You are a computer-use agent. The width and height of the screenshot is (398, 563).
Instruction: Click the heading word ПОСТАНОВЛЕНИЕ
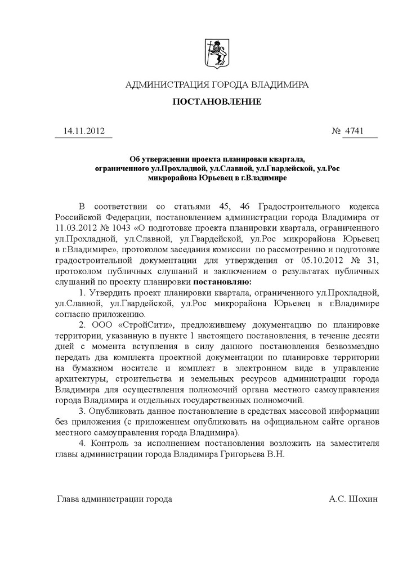[216, 102]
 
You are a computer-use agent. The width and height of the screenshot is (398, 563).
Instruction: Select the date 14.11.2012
[83, 131]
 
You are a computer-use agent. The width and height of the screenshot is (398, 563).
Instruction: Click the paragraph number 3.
[82, 412]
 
